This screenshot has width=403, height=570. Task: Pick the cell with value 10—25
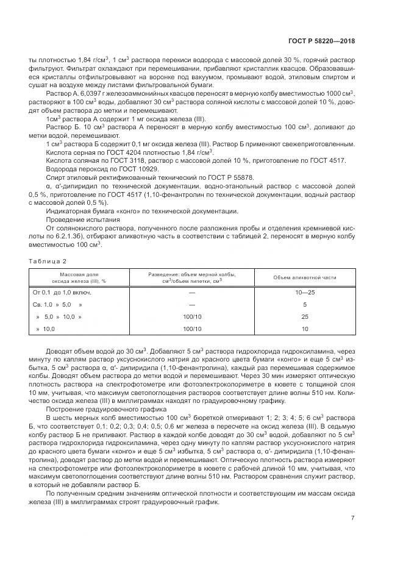[x=305, y=292]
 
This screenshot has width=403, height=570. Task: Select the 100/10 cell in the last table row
[x=191, y=329]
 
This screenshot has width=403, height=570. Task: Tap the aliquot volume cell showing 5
[x=305, y=304]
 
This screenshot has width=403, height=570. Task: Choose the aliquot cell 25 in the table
[x=305, y=316]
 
